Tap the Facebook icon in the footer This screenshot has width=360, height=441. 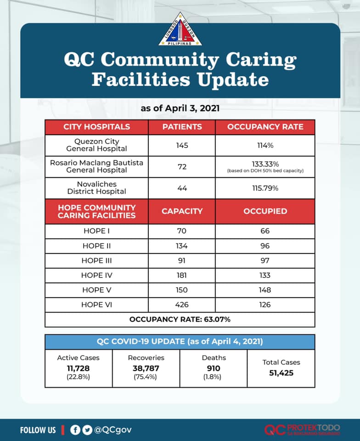[x=75, y=430]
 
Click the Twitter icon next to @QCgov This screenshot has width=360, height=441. [x=87, y=430]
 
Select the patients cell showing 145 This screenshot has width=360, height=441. [x=182, y=145]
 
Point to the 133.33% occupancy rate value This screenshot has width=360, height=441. [x=265, y=164]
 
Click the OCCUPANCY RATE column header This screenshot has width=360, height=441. [x=265, y=127]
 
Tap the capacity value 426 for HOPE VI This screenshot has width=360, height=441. [x=182, y=305]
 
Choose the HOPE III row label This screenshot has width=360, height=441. [x=96, y=260]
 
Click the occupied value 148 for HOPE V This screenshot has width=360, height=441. [x=264, y=290]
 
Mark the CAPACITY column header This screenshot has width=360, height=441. [x=182, y=211]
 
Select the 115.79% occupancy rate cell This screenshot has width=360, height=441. [x=265, y=188]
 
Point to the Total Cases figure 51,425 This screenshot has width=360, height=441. [x=281, y=373]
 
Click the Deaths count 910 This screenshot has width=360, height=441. [x=214, y=368]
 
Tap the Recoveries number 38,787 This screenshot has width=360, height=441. [x=146, y=368]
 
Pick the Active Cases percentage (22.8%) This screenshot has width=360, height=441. [x=78, y=377]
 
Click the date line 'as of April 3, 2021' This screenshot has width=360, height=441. [x=180, y=109]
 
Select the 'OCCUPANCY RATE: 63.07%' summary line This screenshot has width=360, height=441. [x=180, y=319]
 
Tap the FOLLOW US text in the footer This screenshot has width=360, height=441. [x=38, y=430]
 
